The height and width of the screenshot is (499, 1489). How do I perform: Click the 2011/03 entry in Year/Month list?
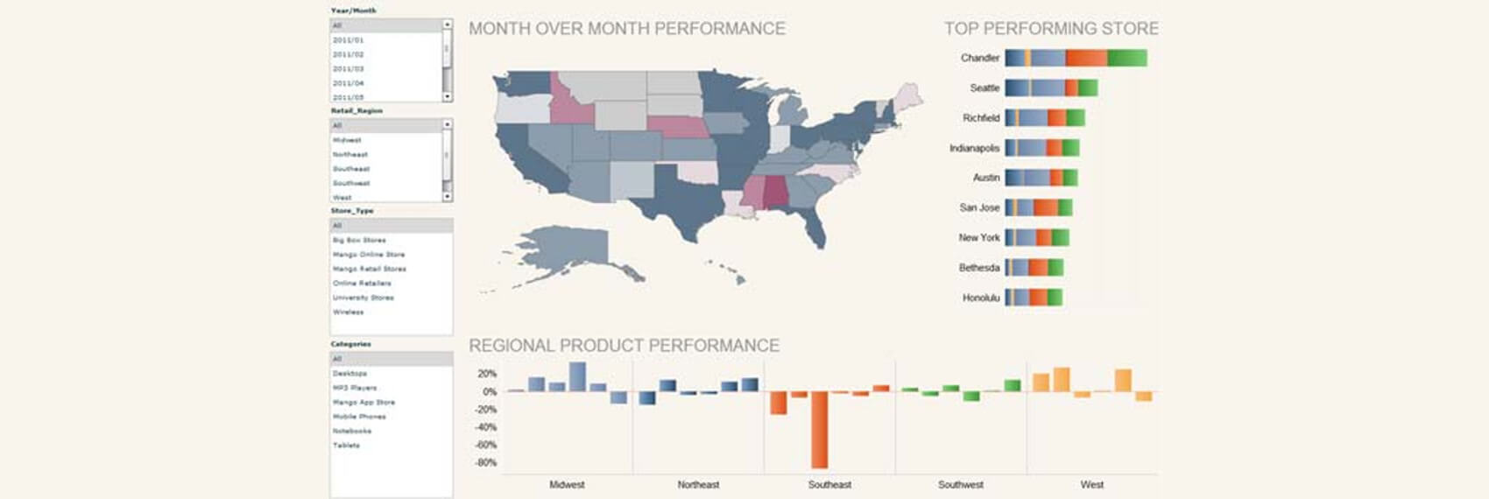click(349, 68)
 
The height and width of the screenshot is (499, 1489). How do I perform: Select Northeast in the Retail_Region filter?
click(350, 154)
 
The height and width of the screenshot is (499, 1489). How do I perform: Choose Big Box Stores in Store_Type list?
click(359, 240)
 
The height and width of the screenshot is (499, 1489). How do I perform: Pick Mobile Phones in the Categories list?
click(359, 417)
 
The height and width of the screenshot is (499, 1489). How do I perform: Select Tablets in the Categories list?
click(347, 446)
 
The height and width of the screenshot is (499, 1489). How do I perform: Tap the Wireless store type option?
click(349, 312)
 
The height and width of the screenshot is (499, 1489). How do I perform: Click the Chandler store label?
click(979, 58)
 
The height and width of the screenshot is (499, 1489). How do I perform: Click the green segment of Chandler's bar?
click(1126, 58)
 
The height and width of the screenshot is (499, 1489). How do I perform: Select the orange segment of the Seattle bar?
click(1070, 88)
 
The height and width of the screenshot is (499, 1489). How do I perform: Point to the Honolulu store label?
click(980, 298)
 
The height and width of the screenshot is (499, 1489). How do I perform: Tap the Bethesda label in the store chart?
click(978, 268)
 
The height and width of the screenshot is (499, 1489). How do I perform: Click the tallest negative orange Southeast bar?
click(819, 429)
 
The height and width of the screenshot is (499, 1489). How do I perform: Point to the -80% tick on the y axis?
click(486, 462)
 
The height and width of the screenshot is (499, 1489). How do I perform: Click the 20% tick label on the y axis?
click(487, 374)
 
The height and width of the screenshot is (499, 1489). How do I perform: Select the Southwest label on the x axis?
click(960, 484)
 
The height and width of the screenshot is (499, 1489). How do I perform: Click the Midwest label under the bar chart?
click(567, 484)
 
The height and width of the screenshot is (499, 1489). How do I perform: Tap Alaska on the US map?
click(561, 249)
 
